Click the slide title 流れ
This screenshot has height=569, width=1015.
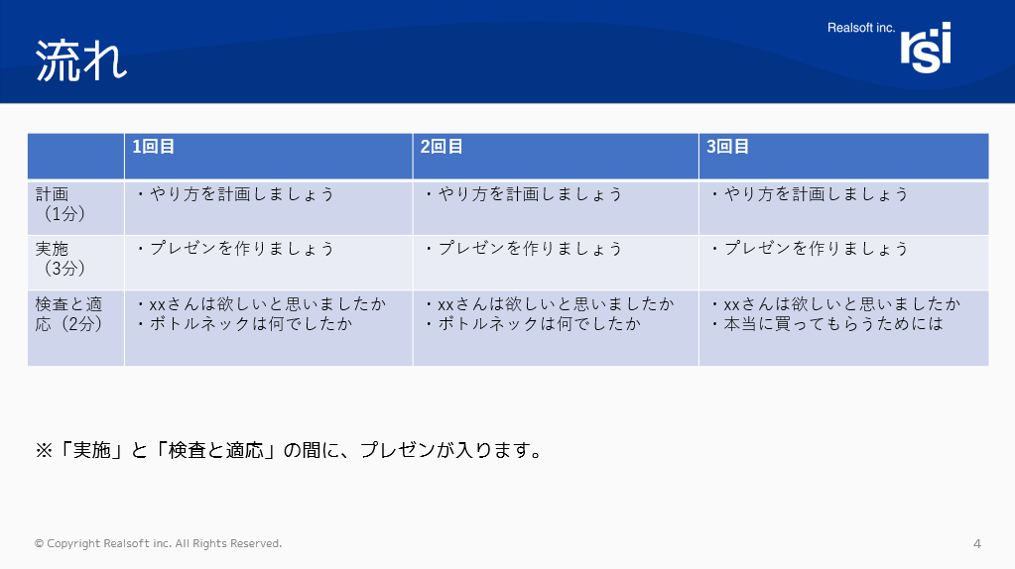[x=81, y=61]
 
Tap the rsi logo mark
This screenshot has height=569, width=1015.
[x=926, y=48]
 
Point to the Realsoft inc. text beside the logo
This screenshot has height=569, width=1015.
[x=861, y=28]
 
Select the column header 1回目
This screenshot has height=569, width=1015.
[x=154, y=147]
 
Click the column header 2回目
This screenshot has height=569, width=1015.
[x=442, y=147]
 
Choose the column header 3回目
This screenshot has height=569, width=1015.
[x=727, y=147]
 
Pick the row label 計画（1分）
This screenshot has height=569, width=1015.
[x=61, y=203]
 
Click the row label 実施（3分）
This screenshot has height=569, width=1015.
[x=61, y=259]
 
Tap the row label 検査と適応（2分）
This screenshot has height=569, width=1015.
[x=69, y=313]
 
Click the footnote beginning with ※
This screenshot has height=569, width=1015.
[x=290, y=450]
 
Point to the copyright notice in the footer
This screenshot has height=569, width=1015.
[x=158, y=544]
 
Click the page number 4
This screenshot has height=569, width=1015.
[x=977, y=544]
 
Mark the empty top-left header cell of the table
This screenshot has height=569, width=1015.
[x=75, y=156]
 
